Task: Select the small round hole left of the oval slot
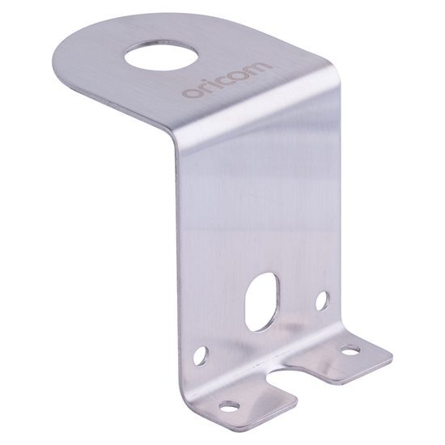tap(201, 354)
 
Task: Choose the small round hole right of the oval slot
tap(324, 301)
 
